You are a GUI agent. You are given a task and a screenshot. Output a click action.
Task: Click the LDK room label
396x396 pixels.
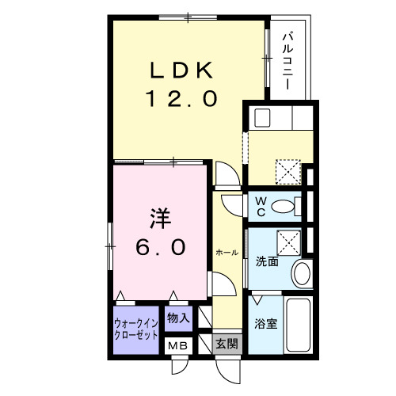181,70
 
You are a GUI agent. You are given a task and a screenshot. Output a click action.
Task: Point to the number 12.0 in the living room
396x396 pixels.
181,98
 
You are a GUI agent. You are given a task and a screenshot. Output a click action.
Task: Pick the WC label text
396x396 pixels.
260,206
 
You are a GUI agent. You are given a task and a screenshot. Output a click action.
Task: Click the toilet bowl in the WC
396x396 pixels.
283,208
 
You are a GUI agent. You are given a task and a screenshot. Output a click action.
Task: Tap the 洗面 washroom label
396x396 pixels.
267,261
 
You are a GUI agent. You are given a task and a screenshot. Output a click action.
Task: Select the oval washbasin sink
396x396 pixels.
302,274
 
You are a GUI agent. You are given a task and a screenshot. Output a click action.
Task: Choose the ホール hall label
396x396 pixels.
227,252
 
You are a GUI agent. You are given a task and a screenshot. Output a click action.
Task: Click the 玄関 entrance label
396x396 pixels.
226,344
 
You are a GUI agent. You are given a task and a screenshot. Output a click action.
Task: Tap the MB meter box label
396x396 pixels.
177,345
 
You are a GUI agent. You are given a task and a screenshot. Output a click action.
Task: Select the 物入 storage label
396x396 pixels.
178,318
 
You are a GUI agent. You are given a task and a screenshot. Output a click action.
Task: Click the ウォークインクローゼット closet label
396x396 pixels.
135,329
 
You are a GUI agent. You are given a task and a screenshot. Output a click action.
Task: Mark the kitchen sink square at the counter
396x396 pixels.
261,118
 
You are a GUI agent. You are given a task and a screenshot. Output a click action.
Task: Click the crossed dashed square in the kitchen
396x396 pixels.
287,170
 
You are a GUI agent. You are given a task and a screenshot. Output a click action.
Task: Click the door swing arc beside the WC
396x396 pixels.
234,202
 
